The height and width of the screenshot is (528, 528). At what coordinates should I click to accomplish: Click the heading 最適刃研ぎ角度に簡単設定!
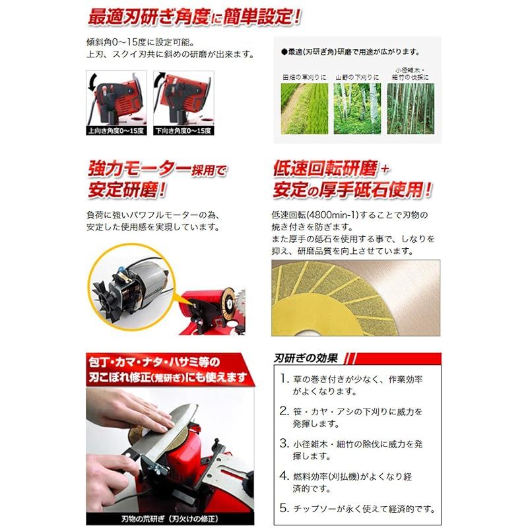[x=193, y=16]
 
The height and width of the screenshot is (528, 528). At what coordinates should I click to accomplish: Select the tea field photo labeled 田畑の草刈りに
[x=304, y=108]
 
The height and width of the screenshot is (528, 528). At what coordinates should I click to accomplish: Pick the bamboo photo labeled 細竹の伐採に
[x=411, y=108]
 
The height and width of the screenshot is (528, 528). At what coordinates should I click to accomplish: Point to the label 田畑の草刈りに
[x=304, y=77]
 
